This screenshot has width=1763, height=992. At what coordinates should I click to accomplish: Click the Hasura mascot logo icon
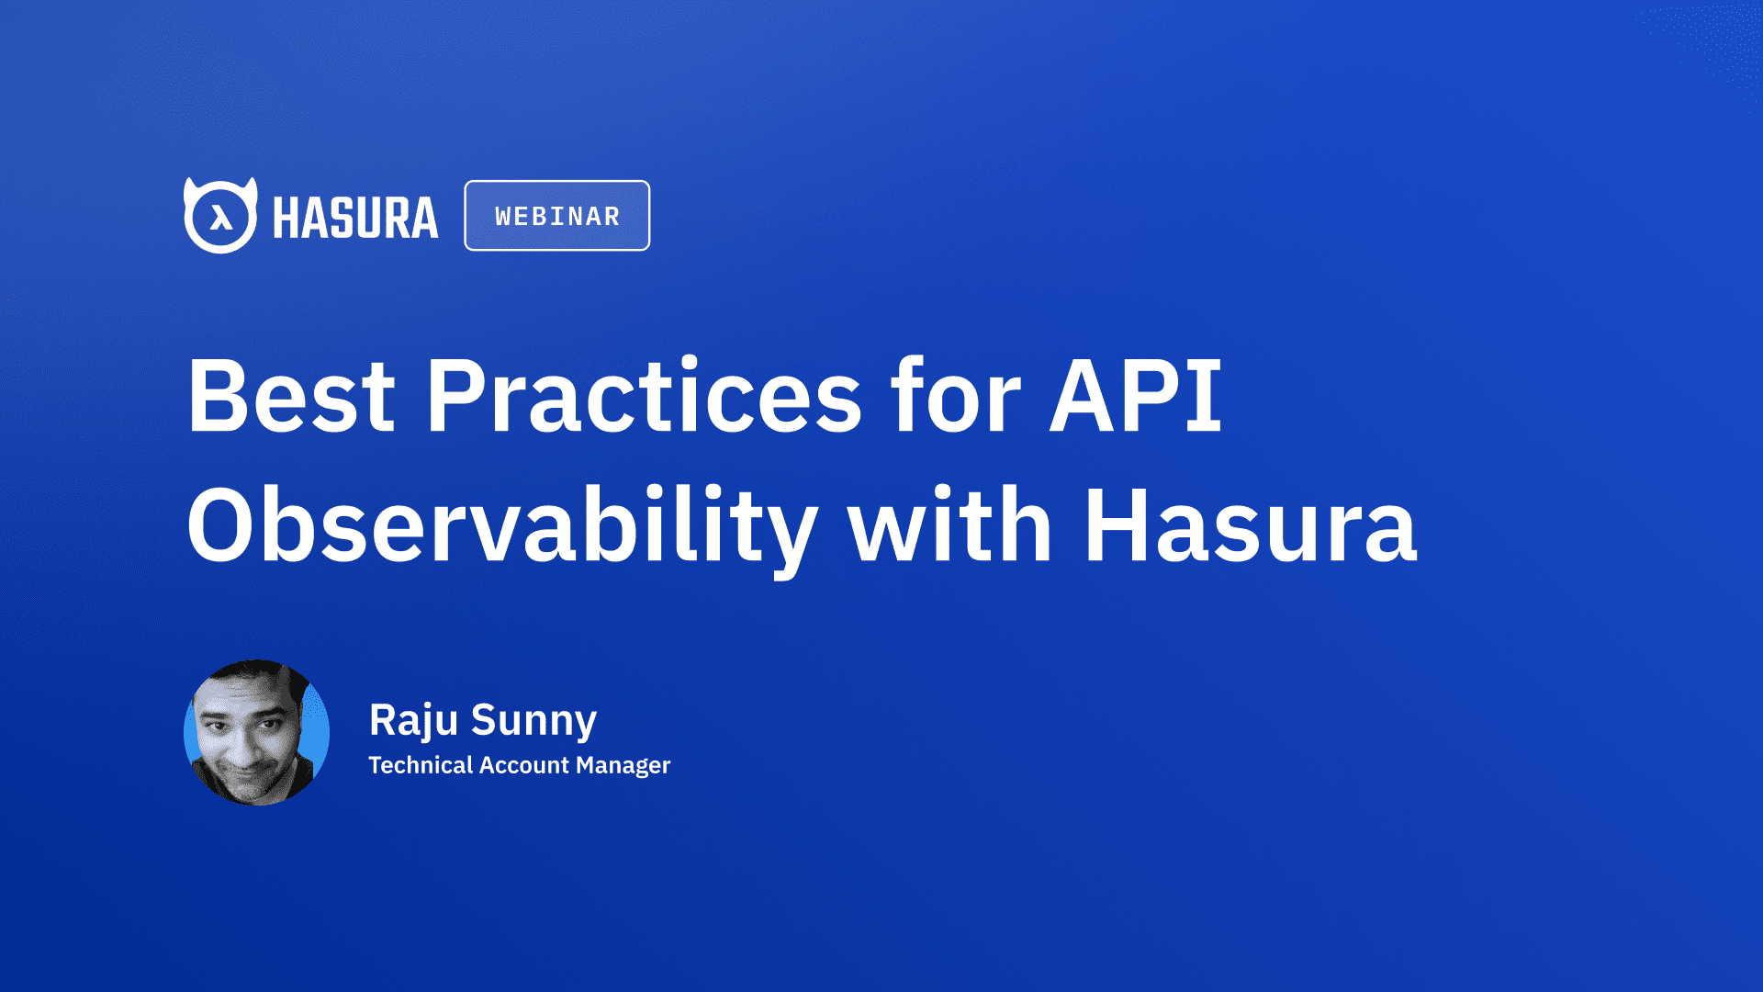click(220, 216)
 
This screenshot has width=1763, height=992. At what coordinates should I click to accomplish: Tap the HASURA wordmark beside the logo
click(355, 218)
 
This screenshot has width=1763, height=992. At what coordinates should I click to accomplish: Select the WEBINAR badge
click(557, 216)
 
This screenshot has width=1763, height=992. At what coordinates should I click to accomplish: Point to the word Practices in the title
click(644, 397)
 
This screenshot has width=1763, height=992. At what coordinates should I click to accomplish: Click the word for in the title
click(956, 397)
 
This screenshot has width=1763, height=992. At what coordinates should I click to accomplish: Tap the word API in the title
click(1136, 397)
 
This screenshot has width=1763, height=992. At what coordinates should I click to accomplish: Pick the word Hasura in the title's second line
click(1251, 526)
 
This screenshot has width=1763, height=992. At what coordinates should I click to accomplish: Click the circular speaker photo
click(256, 732)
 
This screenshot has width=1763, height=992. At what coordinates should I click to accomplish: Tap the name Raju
click(413, 719)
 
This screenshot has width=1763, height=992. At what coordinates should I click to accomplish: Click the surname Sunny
click(533, 719)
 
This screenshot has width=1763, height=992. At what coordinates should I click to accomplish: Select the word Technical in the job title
click(420, 765)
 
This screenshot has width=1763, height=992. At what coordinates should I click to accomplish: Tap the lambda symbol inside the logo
click(220, 219)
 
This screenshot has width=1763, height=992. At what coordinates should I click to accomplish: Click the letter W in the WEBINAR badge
click(503, 217)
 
